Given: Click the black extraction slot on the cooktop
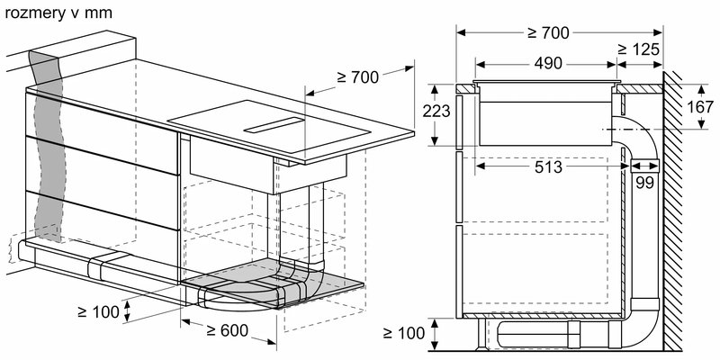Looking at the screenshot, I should (x=274, y=126).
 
